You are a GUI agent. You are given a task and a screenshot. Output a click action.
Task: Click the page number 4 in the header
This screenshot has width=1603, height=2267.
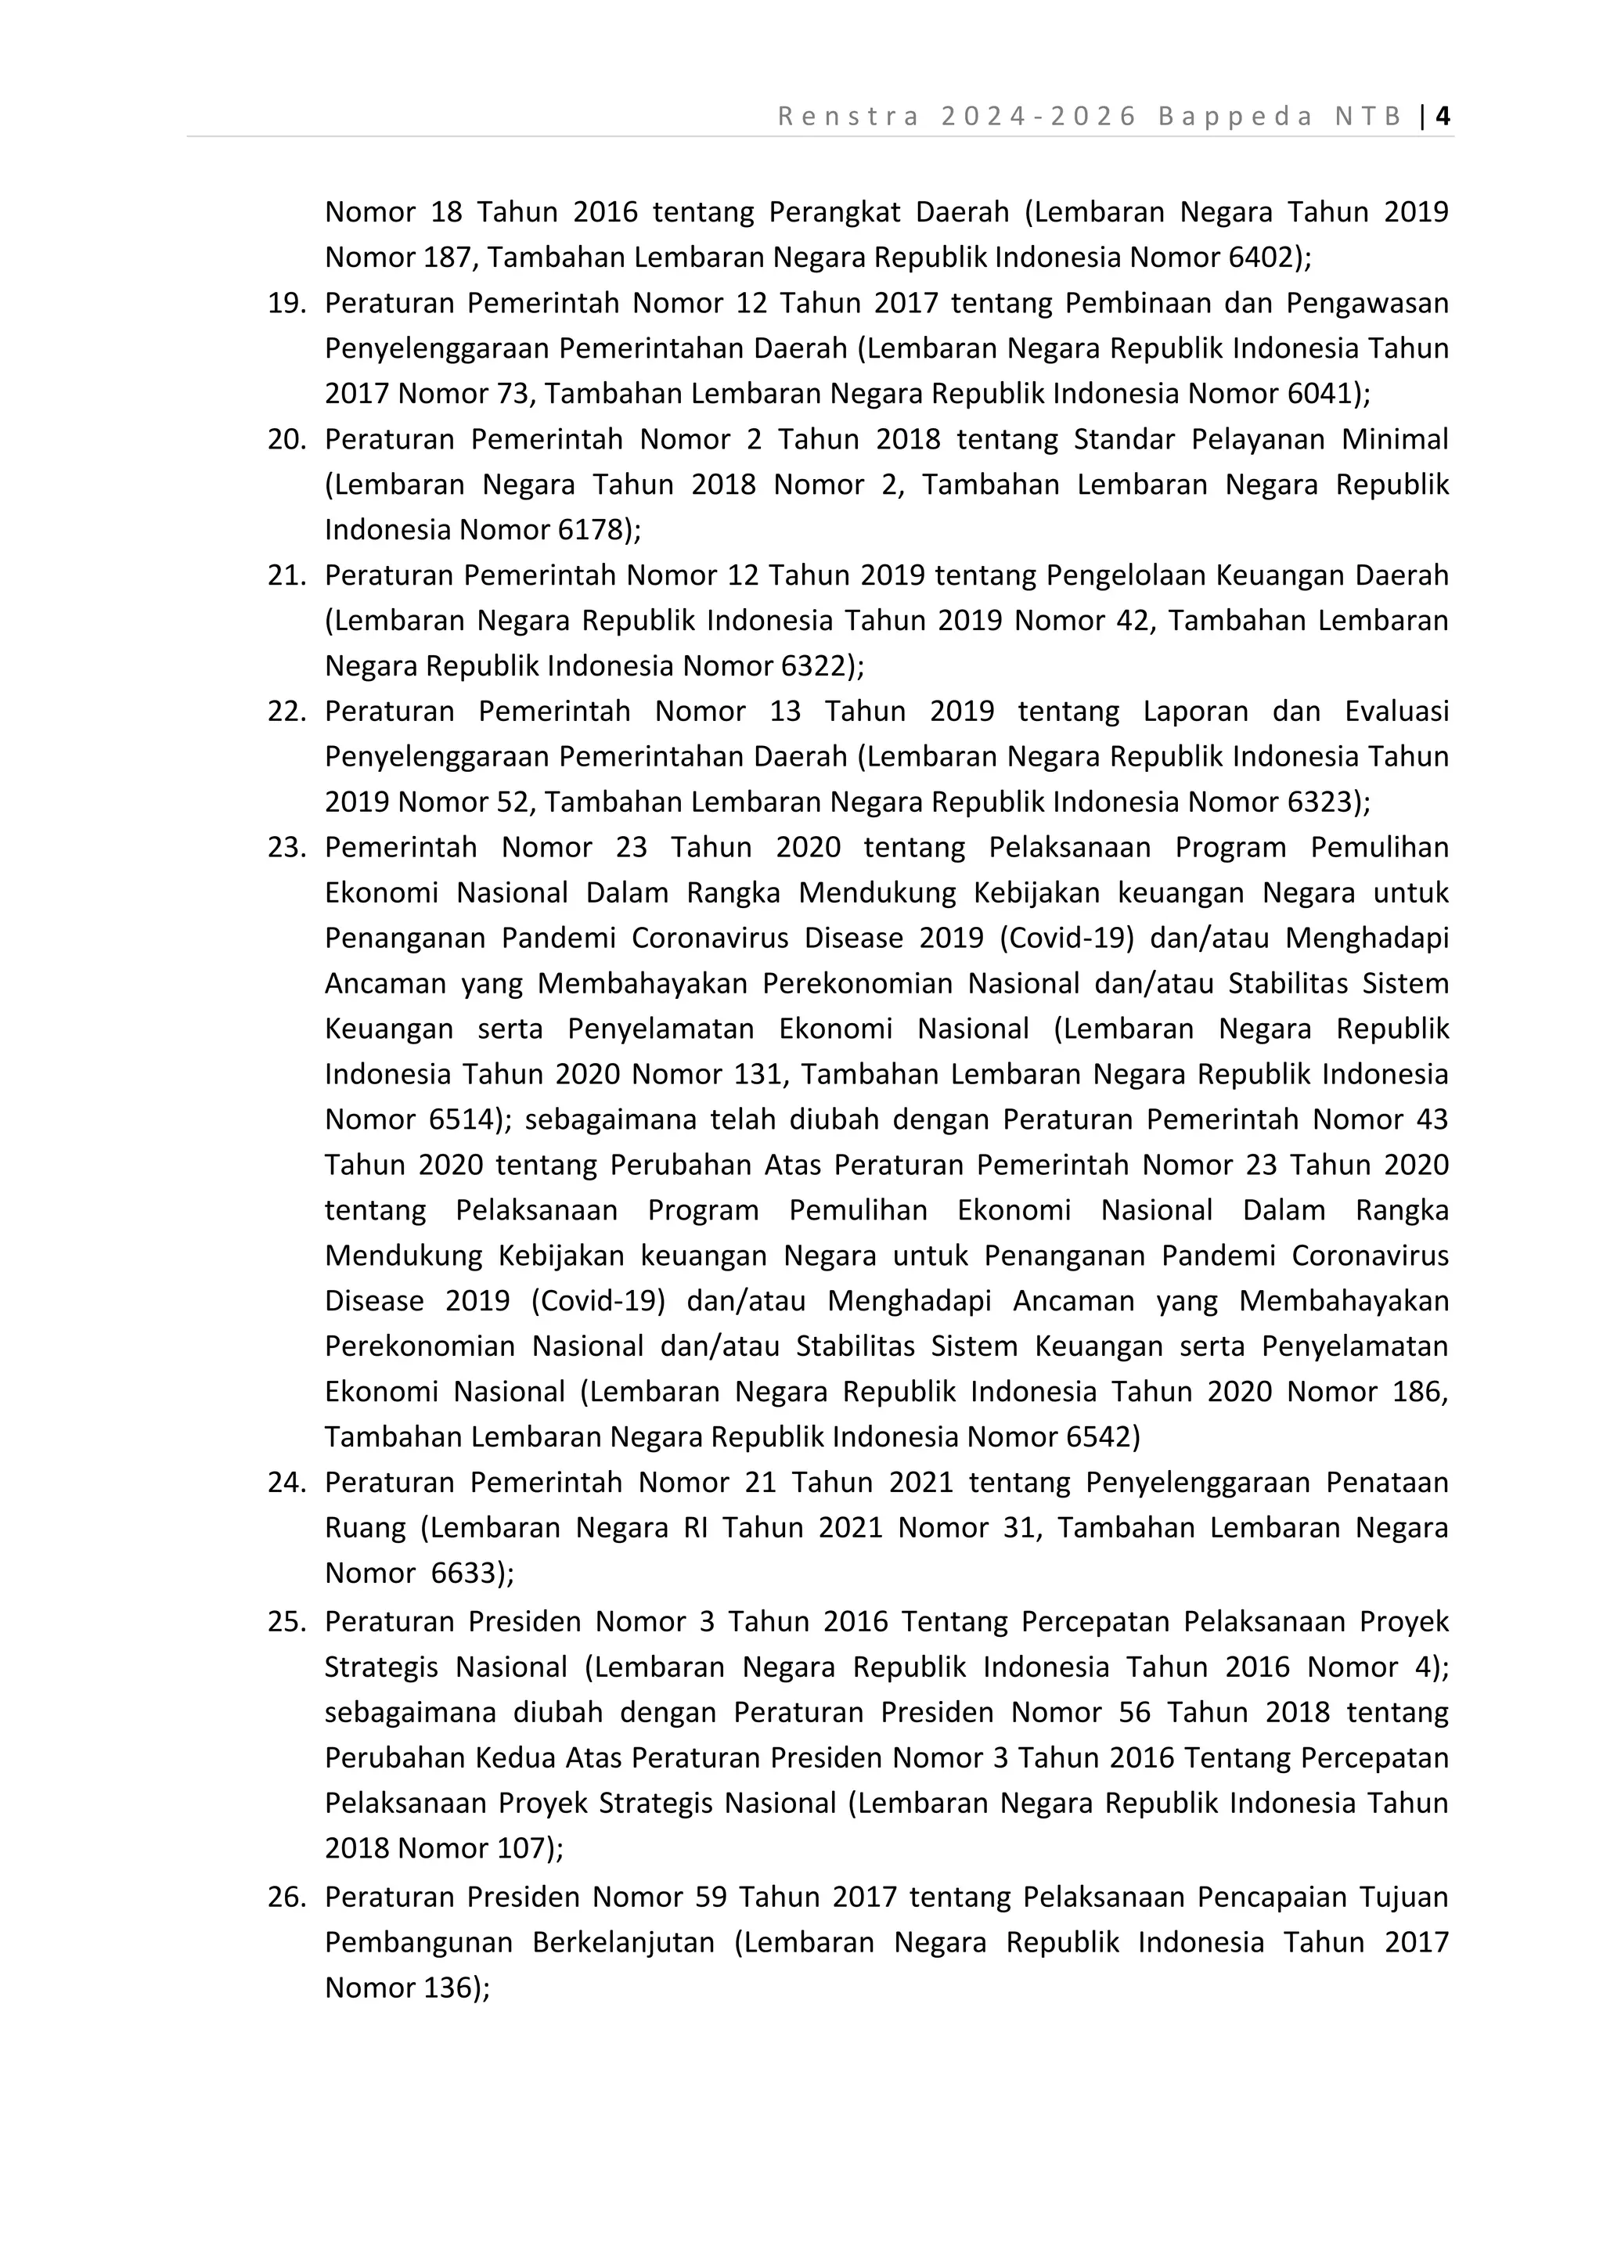1443,117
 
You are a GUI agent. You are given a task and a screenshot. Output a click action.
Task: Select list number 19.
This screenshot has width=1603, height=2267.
286,303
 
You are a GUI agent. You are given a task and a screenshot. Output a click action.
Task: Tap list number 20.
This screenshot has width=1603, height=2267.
286,439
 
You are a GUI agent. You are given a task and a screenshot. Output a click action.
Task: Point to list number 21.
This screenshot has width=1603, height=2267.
286,575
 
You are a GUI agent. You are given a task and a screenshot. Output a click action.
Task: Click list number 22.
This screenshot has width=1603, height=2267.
286,712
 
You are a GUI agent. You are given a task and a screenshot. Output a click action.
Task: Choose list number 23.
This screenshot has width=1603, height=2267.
286,848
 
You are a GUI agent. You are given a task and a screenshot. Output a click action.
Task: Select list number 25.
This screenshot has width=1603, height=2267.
286,1622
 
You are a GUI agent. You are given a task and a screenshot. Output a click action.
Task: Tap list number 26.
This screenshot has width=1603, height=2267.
286,1897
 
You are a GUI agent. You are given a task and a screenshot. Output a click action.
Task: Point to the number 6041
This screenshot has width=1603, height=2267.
1319,394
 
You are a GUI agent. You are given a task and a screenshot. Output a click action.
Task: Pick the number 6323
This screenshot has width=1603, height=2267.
1319,802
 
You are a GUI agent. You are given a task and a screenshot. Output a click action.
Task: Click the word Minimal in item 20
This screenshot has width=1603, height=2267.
1394,439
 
